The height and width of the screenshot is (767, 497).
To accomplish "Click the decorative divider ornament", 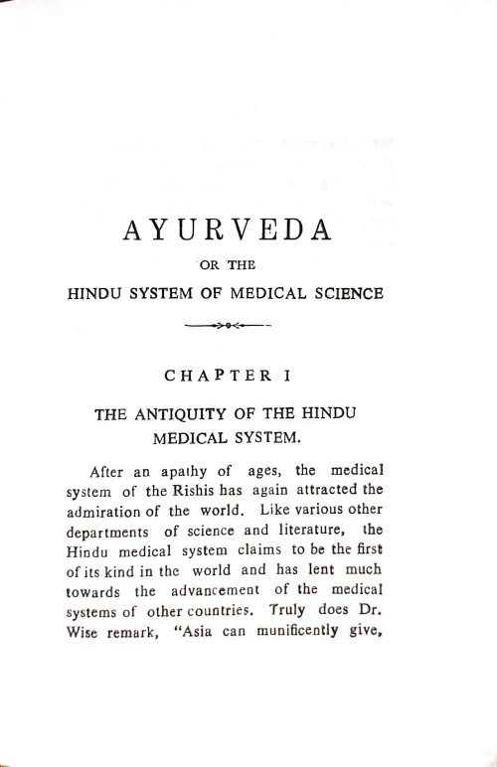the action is (x=230, y=325).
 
